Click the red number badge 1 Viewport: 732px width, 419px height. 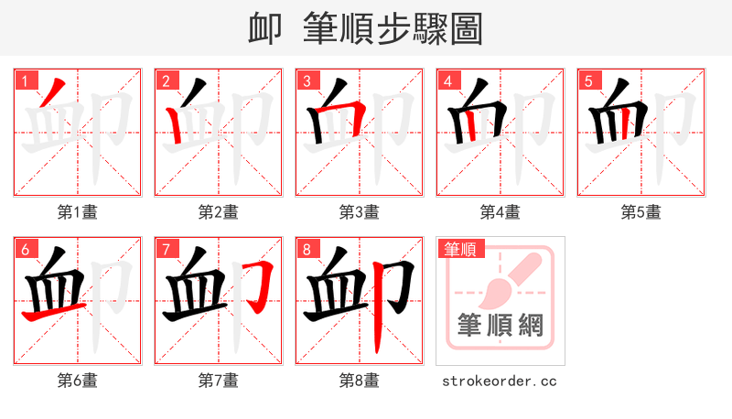pos(25,80)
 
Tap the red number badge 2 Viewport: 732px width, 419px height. pos(166,80)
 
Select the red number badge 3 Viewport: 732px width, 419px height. pos(307,80)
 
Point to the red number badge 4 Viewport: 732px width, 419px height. pos(447,80)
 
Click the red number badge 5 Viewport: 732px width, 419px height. pos(588,80)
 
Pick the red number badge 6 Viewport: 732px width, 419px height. pos(25,248)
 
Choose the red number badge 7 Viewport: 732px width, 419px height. pos(166,248)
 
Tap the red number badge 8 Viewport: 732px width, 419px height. pos(307,248)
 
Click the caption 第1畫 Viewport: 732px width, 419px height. pos(78,212)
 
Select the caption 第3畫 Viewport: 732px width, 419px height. pos(360,212)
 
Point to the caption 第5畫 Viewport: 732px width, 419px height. pos(641,212)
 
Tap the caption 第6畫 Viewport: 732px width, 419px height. pos(78,380)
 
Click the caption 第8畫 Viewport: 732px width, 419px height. pos(360,380)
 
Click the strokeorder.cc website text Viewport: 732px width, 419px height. pos(500,381)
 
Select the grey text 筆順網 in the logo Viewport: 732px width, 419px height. pos(500,325)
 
